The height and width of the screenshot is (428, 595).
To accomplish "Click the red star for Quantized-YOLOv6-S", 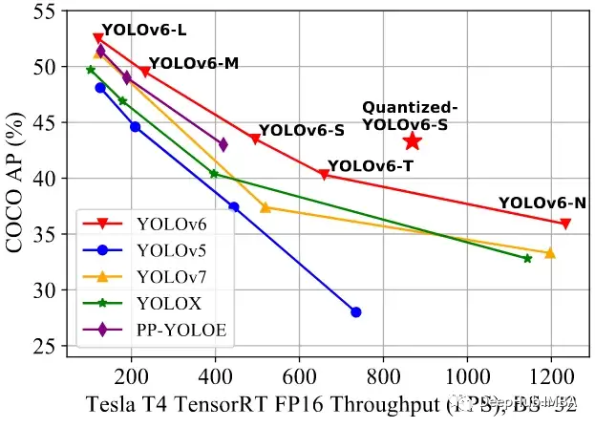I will point(412,141).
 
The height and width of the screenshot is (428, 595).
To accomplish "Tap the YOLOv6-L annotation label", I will point(144,30).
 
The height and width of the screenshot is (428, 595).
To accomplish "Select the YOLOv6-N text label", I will point(542,203).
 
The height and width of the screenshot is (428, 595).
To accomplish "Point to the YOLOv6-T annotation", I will point(371,165).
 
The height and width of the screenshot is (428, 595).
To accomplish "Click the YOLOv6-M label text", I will point(194,64).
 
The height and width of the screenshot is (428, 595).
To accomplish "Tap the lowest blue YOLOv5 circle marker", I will point(356,312).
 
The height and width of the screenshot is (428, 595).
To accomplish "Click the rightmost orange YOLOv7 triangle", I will point(549,253).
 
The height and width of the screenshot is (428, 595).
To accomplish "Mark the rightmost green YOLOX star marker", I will point(527,258).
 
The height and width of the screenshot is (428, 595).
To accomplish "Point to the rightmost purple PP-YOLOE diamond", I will point(223,144).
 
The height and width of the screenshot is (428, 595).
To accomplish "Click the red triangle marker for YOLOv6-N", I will point(565,224).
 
